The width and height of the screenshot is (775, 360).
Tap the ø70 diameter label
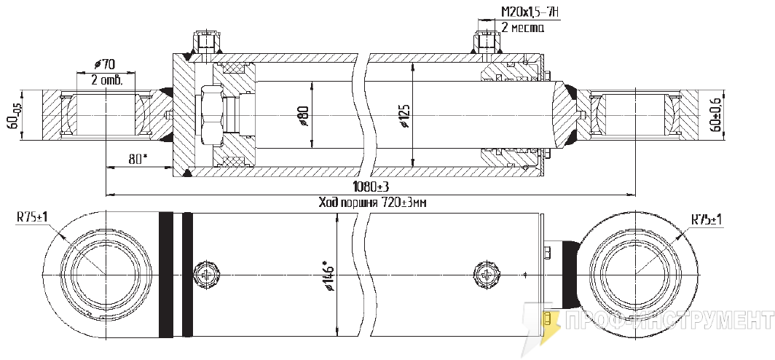click(x=104, y=64)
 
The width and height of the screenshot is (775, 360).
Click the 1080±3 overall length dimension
click(x=370, y=187)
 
